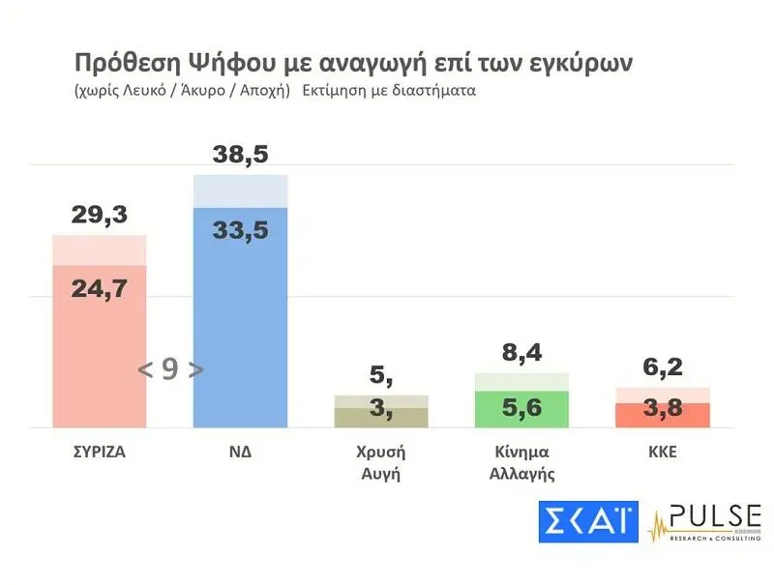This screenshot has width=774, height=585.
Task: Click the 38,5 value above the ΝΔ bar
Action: pyautogui.click(x=240, y=156)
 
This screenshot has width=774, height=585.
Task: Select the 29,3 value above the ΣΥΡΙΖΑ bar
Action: pyautogui.click(x=99, y=216)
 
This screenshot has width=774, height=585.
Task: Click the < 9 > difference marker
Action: pyautogui.click(x=170, y=368)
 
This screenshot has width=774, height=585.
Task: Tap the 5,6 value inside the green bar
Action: pyautogui.click(x=521, y=408)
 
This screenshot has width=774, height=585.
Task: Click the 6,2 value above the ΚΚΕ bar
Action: pyautogui.click(x=663, y=368)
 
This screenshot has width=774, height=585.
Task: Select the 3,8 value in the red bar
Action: pyautogui.click(x=663, y=408)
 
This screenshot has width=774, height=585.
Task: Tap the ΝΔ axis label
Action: pyautogui.click(x=240, y=452)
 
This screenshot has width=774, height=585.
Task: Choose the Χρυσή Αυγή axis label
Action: pyautogui.click(x=380, y=462)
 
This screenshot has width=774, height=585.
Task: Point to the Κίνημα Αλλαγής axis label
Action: pyautogui.click(x=521, y=462)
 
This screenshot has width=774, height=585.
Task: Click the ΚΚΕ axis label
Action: pyautogui.click(x=663, y=452)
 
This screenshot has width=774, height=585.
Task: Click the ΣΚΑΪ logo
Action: pyautogui.click(x=589, y=522)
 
